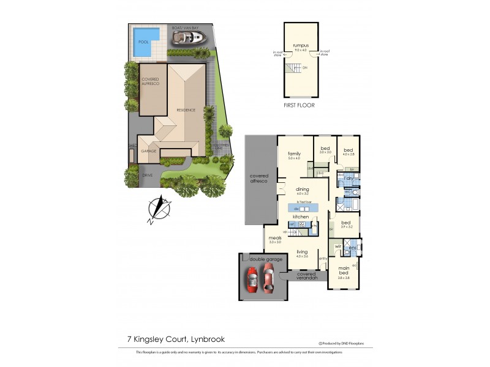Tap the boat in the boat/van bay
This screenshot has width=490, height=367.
coord(188,39)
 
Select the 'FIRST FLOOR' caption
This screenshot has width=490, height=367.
coord(300,105)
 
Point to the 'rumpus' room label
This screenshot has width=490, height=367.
coord(300,45)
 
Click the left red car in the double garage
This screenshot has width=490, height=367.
coord(252,279)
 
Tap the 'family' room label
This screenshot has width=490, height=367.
coord(295,154)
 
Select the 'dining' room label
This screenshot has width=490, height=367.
coord(302,190)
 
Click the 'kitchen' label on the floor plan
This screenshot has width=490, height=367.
coord(300,217)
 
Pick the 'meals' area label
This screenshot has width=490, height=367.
coord(274,239)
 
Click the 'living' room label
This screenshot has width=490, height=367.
coord(302,252)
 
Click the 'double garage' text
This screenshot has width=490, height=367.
coord(266,259)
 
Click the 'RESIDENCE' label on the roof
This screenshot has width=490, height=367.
coord(186,110)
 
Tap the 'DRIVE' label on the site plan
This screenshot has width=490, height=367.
coord(147,176)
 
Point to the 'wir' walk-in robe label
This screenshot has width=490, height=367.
coord(337,247)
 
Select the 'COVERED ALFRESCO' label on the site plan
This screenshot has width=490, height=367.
coord(150,81)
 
